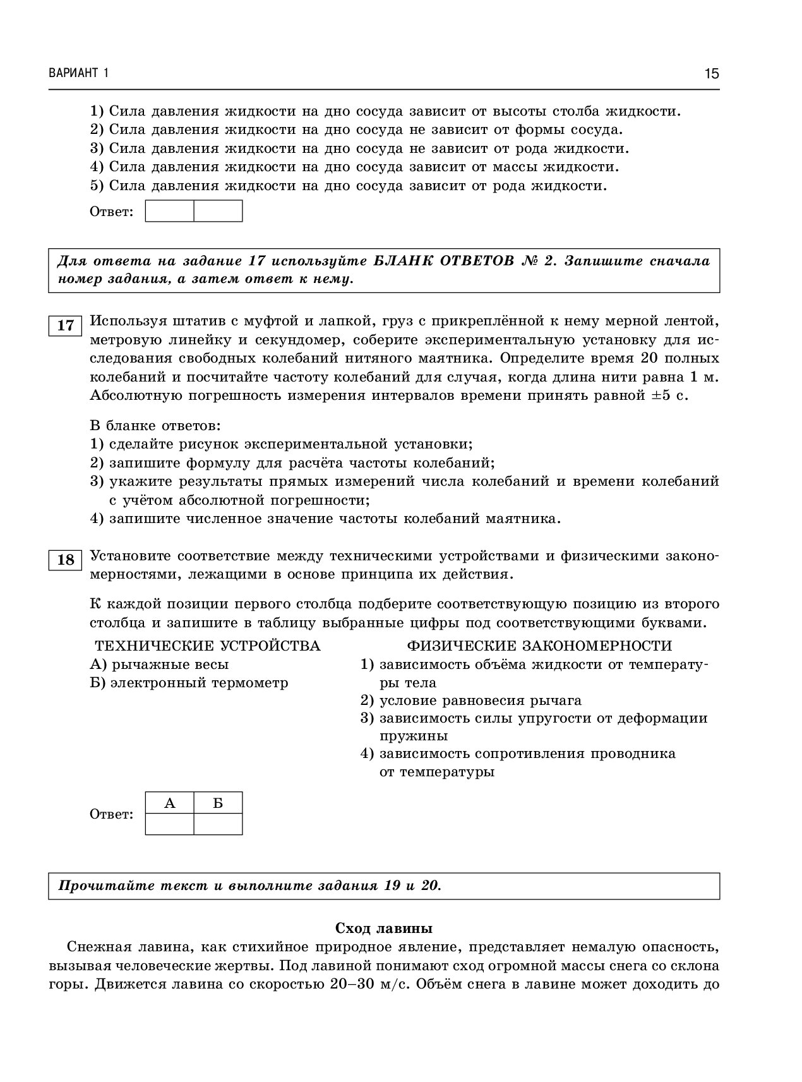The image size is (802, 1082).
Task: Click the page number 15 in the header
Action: click(712, 74)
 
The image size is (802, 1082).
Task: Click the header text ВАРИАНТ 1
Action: click(78, 73)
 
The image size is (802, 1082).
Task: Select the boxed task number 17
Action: click(65, 326)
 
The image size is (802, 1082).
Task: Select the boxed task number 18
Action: click(65, 560)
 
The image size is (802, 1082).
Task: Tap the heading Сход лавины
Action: click(383, 929)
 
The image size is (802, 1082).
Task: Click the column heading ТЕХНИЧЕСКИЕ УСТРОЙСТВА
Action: click(207, 646)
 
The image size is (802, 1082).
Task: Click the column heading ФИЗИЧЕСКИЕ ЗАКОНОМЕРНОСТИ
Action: click(539, 646)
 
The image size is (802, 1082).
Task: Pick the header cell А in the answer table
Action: click(169, 803)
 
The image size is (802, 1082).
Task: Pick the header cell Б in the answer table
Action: click(218, 803)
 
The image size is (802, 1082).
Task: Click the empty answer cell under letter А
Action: click(169, 824)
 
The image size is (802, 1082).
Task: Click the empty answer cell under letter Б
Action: click(218, 824)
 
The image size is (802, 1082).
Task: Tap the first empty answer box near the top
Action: click(169, 211)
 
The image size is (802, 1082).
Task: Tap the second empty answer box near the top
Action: click(218, 211)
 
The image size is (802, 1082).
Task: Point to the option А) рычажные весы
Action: click(159, 664)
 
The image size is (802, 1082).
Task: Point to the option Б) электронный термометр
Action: click(189, 683)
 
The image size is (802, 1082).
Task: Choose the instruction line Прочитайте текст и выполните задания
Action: click(249, 886)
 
